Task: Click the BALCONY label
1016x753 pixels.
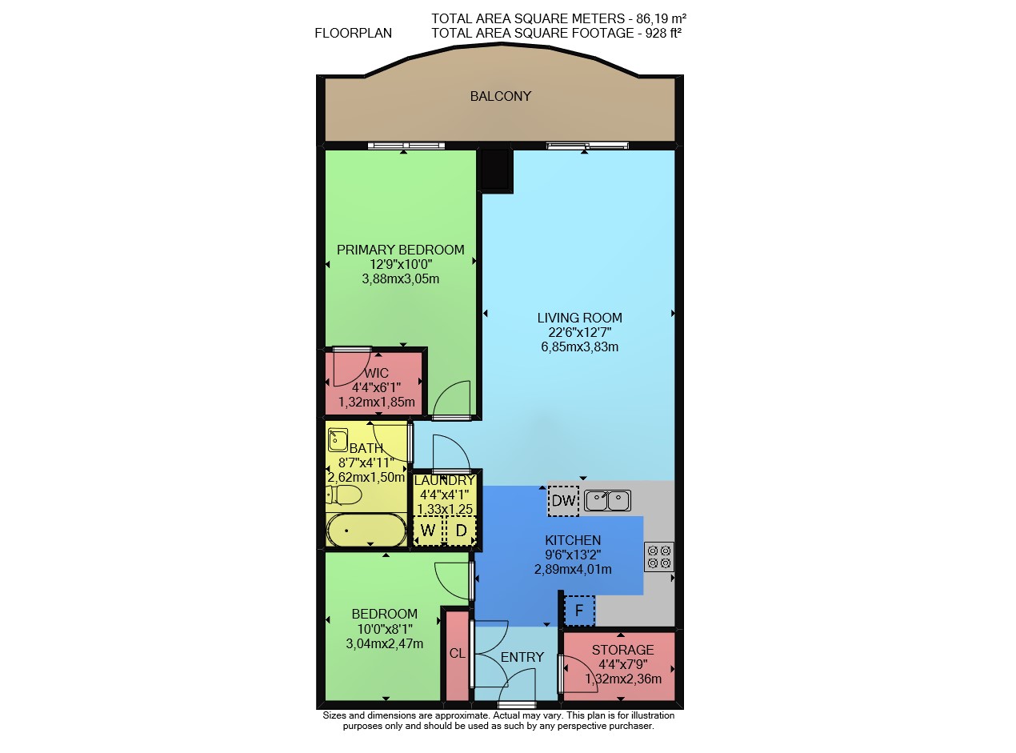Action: (500, 96)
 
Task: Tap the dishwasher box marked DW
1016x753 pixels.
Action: (563, 501)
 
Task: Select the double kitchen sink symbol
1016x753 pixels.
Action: (607, 500)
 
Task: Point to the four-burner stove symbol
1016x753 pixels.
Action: (658, 556)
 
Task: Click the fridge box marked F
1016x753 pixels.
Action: (579, 611)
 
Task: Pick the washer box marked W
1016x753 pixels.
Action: (428, 531)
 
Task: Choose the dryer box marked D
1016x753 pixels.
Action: (461, 531)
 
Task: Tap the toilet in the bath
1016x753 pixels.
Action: (343, 495)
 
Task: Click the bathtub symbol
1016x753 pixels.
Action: (366, 530)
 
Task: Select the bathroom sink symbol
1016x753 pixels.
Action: (338, 439)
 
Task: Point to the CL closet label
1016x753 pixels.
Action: (457, 653)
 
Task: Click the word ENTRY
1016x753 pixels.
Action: (522, 657)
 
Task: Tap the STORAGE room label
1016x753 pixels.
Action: (622, 650)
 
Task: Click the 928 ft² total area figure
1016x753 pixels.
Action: (663, 33)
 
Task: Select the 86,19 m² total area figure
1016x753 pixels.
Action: (661, 18)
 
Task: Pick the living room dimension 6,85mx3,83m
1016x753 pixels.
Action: (579, 347)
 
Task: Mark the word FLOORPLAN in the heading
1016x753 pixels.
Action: (353, 33)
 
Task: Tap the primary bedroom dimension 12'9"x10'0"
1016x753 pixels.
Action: (401, 264)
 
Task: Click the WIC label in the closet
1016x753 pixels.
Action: (377, 373)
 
